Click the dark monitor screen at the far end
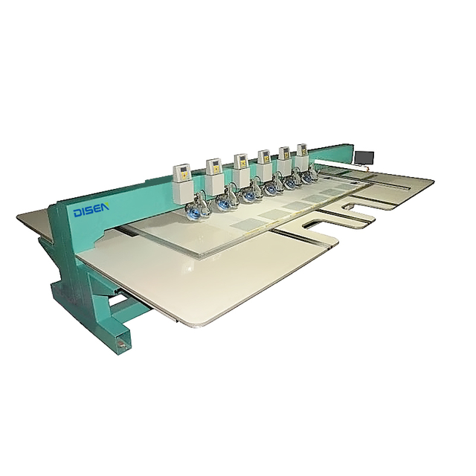coord(364,157)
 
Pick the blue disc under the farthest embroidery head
coord(306,178)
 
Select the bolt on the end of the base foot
coord(121,344)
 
